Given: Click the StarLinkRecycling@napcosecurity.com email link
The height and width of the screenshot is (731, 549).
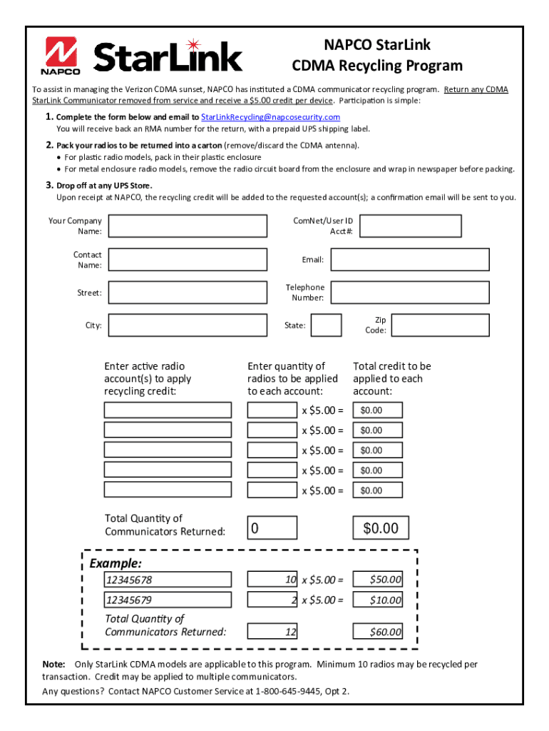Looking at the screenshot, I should click(x=270, y=117).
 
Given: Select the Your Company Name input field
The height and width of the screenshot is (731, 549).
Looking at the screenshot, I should click(x=188, y=226).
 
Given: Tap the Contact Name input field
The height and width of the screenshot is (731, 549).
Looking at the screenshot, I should click(x=188, y=260).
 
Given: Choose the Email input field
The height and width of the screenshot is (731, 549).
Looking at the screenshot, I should click(x=410, y=260).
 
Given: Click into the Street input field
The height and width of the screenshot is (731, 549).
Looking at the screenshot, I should click(x=188, y=293).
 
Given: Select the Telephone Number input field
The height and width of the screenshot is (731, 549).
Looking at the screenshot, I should click(x=410, y=293).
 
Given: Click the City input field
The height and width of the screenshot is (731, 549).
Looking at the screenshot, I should click(x=188, y=326).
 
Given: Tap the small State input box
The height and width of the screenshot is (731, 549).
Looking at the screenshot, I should click(x=327, y=326).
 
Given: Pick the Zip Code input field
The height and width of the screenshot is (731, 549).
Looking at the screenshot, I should click(x=441, y=326).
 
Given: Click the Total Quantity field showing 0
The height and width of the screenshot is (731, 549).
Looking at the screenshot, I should click(x=272, y=528).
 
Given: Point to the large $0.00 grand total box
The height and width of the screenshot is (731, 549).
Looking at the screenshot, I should click(x=381, y=528).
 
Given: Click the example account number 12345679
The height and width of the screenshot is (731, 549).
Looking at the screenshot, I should click(x=168, y=600).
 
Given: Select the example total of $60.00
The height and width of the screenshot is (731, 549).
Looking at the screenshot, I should click(x=378, y=632).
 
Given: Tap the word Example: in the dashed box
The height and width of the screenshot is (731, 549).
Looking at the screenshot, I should click(x=116, y=564).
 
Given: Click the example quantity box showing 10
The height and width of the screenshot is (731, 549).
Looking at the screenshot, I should click(x=272, y=580).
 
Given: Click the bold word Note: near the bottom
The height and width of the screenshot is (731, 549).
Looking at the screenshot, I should click(x=54, y=664).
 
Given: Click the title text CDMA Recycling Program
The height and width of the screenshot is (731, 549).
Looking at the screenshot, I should click(x=377, y=66).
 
